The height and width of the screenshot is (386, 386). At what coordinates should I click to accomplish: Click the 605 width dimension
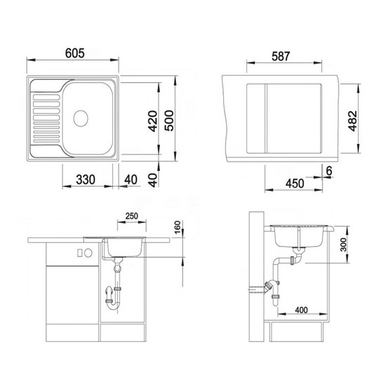pyautogui.click(x=75, y=53)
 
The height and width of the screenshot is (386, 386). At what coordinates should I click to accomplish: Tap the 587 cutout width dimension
pyautogui.click(x=281, y=56)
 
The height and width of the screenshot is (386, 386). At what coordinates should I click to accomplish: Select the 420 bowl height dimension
pyautogui.click(x=153, y=121)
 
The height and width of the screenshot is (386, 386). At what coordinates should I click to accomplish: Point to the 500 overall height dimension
pyautogui.click(x=169, y=121)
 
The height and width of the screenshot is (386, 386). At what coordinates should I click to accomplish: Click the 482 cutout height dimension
pyautogui.click(x=352, y=121)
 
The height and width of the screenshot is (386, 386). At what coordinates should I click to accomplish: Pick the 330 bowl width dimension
pyautogui.click(x=86, y=180)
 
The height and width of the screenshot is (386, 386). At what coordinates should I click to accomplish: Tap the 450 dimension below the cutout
pyautogui.click(x=295, y=183)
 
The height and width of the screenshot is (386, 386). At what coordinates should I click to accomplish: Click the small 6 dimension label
pyautogui.click(x=329, y=171)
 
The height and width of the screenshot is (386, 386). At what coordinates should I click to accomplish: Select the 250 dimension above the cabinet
pyautogui.click(x=132, y=216)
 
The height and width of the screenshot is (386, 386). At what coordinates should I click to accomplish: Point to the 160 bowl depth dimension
pyautogui.click(x=178, y=227)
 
